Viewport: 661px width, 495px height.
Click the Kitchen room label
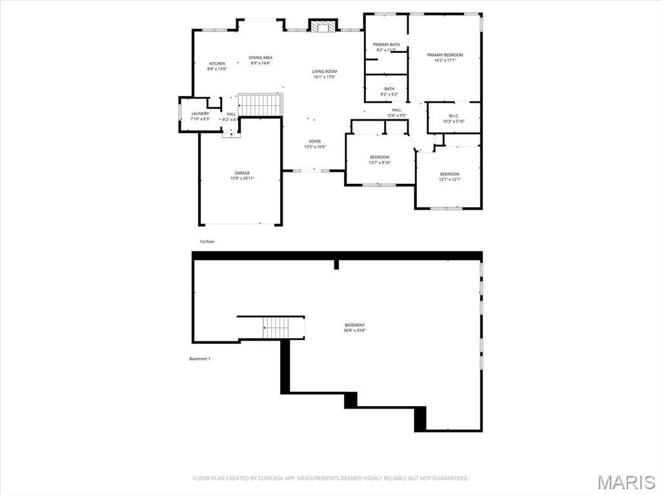click(x=216, y=63)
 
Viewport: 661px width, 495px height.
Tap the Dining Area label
click(x=260, y=57)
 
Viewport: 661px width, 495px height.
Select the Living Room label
click(x=325, y=72)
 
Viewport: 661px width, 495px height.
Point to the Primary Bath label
click(x=386, y=45)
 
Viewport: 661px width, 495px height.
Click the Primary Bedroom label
click(x=445, y=55)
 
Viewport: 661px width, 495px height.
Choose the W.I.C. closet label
click(x=453, y=116)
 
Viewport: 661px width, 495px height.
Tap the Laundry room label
click(x=200, y=114)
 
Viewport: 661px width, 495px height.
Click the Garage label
click(x=242, y=173)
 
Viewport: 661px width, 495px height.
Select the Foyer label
click(x=315, y=141)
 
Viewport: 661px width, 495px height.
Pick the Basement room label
click(x=354, y=325)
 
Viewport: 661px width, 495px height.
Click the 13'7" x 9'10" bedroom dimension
click(x=380, y=163)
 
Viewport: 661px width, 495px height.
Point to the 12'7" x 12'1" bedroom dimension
click(x=450, y=179)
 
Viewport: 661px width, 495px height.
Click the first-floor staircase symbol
click(x=260, y=104)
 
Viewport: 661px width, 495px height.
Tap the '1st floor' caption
click(x=207, y=241)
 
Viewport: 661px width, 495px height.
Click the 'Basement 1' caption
click(x=199, y=359)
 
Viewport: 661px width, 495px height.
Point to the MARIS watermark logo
click(x=625, y=481)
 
